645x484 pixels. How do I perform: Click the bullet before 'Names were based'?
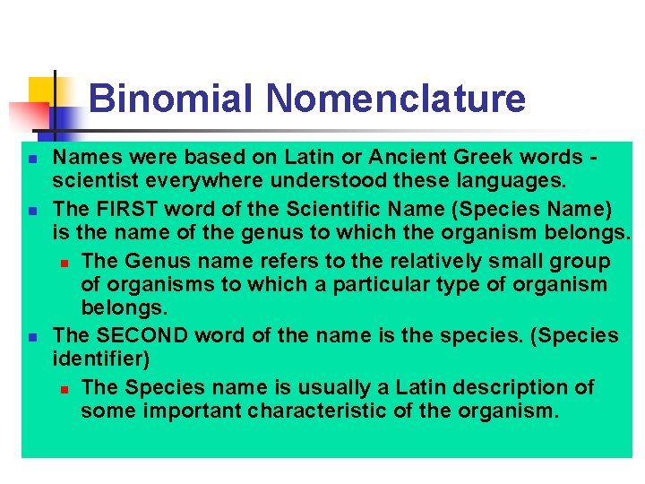[x=31, y=159]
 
